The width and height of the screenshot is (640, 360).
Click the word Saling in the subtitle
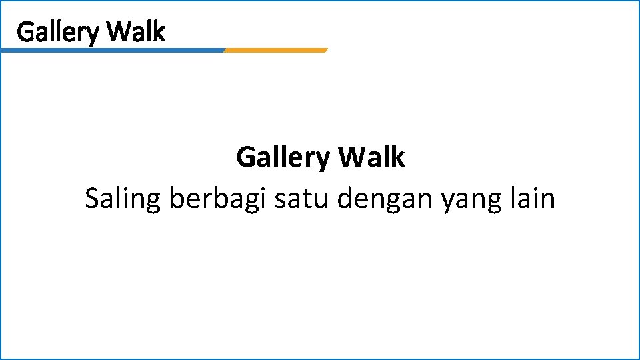[x=123, y=199]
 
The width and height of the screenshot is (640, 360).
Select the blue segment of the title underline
[x=113, y=50]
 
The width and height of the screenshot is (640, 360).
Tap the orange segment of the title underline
[x=276, y=50]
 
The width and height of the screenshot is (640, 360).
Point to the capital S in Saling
[x=93, y=199]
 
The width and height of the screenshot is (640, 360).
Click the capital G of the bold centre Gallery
[x=245, y=158]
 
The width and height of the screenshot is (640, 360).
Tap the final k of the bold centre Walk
[x=398, y=157]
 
